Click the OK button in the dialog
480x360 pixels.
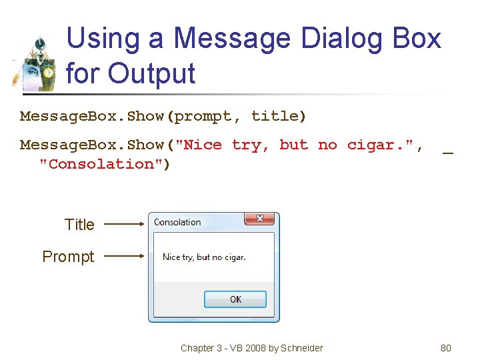235,299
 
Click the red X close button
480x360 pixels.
259,219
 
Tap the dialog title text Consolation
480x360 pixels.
177,222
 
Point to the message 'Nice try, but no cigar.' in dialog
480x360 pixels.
204,257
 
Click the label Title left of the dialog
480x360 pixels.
79,225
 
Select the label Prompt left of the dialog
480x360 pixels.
68,257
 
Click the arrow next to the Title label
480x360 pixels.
125,225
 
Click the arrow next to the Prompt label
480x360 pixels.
125,255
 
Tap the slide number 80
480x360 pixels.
446,348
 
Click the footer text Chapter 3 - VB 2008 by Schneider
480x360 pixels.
251,348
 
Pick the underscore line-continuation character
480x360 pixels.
448,152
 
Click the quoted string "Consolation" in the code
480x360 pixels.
105,164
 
